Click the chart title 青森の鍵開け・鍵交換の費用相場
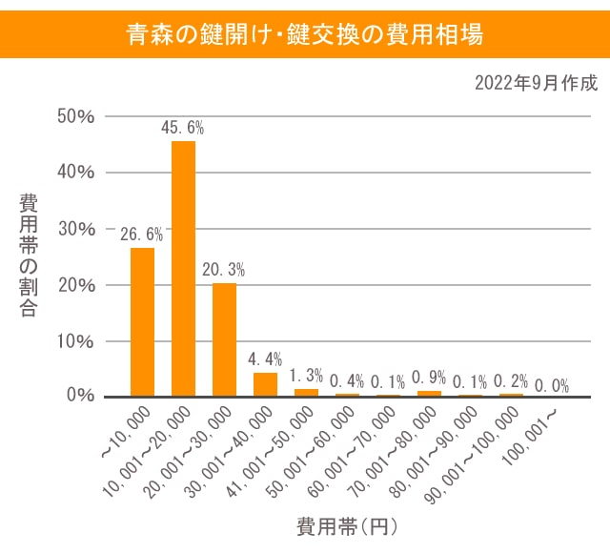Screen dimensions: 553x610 pos(305,34)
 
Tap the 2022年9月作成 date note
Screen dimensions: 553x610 pos(536,83)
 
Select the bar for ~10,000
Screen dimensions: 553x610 pos(142,321)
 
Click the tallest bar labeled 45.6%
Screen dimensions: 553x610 pos(183,268)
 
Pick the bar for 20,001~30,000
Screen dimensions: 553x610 pos(224,339)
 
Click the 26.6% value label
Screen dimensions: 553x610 pos(141,234)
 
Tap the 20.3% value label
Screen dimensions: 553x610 pos(224,269)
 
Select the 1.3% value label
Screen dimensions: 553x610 pos(306,375)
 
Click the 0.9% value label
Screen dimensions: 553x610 pos(429,377)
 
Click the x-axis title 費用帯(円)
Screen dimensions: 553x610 pos(346,526)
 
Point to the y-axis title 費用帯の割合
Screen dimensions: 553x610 pos(29,255)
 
